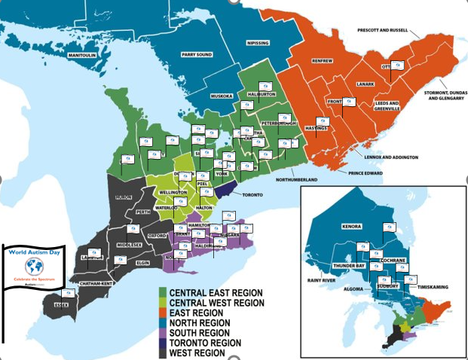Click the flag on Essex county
tap(68, 293)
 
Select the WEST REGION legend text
tap(197, 352)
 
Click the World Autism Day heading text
tap(33, 252)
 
